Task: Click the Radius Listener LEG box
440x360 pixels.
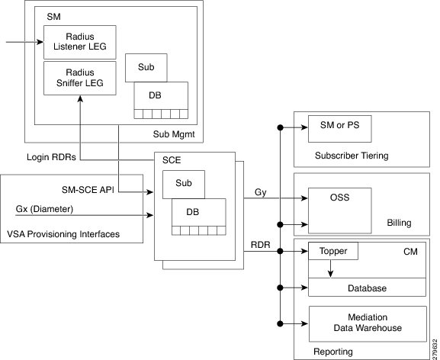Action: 80,42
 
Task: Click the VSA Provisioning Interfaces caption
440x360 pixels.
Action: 63,233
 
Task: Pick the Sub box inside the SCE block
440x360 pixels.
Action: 182,184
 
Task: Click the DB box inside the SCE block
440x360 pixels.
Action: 198,213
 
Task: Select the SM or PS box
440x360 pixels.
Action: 339,130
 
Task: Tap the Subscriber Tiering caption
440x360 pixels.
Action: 352,156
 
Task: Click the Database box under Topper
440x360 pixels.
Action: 366,288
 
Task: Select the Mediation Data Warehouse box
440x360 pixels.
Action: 366,323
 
